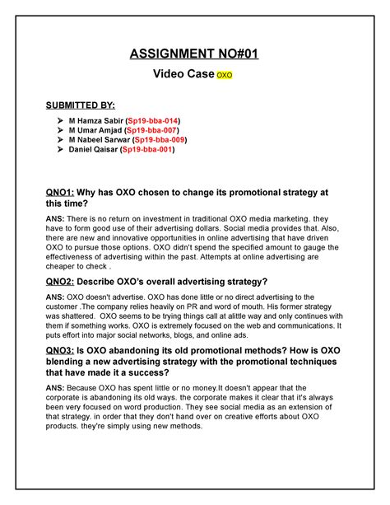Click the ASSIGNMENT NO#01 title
pos(195,55)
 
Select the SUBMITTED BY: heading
pos(81,105)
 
